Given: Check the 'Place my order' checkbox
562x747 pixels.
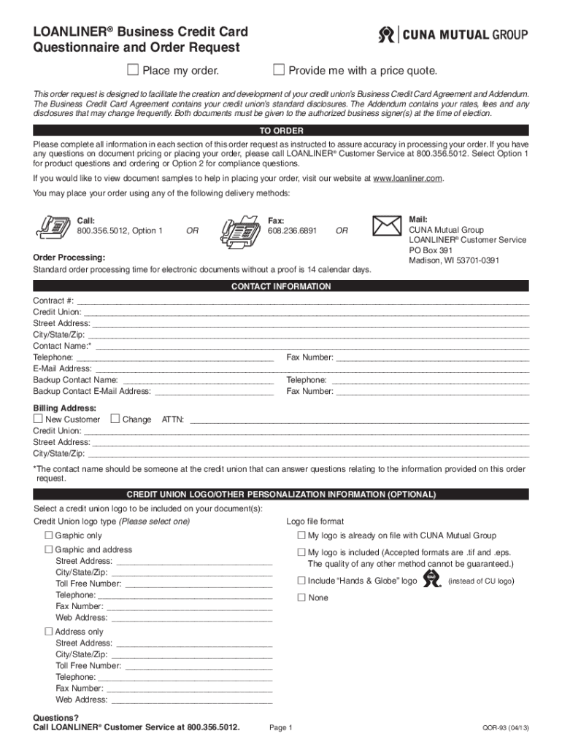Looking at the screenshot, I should tap(133, 70).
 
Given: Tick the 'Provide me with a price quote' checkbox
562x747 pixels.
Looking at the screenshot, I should tap(278, 70).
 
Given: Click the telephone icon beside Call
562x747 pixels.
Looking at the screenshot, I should tap(53, 227).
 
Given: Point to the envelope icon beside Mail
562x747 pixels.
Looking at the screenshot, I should tap(388, 225).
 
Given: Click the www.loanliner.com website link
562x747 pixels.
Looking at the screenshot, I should tap(407, 179).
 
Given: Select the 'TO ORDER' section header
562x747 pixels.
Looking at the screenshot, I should tap(281, 131).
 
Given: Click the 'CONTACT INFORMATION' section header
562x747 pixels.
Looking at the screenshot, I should tap(281, 287).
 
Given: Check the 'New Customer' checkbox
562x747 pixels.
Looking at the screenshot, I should tap(38, 419).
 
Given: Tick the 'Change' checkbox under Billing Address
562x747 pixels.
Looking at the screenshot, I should tap(115, 419).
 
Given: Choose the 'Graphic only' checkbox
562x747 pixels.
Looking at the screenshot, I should tap(49, 535).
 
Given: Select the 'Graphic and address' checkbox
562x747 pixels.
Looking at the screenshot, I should tap(49, 549).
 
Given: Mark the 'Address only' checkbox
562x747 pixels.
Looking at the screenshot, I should tap(49, 631).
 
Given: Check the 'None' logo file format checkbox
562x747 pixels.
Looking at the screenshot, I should tap(301, 597).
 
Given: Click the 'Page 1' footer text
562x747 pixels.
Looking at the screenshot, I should tap(281, 728).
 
